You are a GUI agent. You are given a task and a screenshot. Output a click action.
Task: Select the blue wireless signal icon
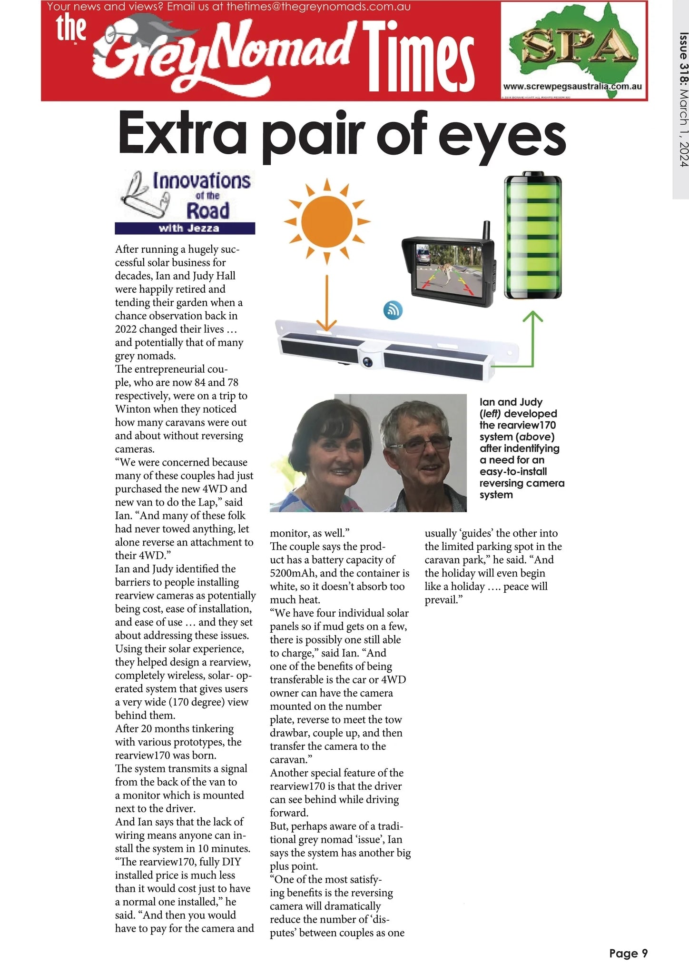tap(393, 310)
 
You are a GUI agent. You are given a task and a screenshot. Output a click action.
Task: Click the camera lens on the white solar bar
tap(368, 361)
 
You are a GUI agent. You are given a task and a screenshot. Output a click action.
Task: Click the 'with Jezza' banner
tap(185, 229)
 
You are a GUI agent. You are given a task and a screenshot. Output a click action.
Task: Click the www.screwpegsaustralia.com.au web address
tap(572, 86)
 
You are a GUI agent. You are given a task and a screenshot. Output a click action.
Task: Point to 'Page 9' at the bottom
tap(628, 953)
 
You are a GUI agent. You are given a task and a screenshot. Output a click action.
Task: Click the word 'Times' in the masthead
tap(419, 57)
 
